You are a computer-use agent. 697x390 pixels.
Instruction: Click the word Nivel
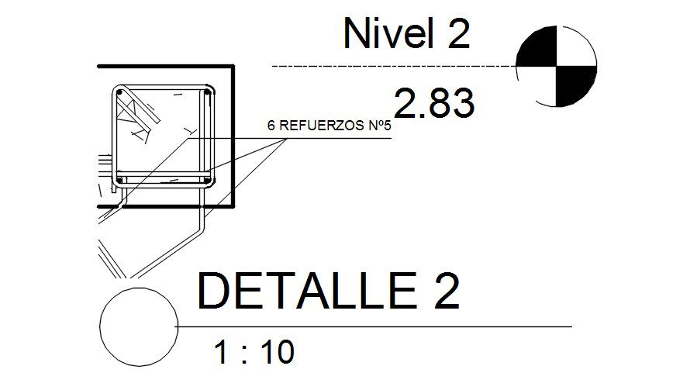388,33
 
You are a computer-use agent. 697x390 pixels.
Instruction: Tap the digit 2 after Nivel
459,33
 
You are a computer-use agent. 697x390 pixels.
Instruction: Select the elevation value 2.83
434,103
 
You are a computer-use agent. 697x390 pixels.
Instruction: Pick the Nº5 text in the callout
380,126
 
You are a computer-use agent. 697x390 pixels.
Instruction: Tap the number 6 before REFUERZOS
271,126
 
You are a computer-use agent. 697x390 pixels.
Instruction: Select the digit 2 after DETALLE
447,291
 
